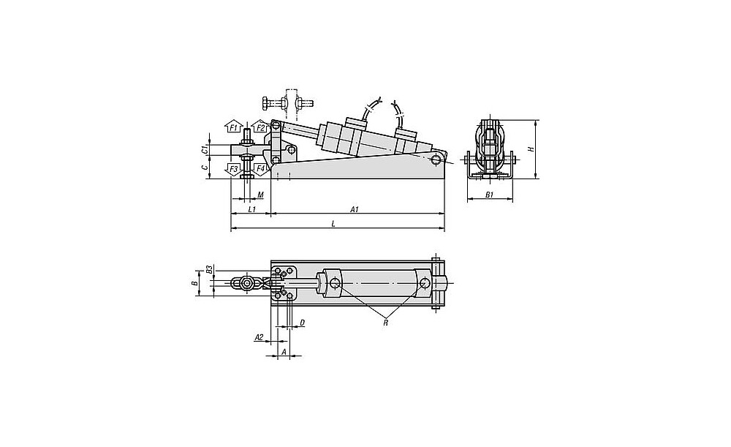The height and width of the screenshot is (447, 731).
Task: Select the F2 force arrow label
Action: tap(260, 127)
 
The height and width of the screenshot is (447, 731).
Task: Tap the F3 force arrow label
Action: tap(232, 169)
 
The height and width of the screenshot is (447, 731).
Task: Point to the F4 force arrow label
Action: tap(260, 169)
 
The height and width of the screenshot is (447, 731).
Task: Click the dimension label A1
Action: tap(355, 209)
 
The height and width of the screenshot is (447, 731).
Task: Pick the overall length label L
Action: tap(333, 224)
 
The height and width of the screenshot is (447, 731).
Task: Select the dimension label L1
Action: tap(251, 209)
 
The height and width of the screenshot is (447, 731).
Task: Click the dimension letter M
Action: tap(261, 194)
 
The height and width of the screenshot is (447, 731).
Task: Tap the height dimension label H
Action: tap(531, 149)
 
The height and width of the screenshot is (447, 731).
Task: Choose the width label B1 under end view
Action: tap(489, 195)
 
